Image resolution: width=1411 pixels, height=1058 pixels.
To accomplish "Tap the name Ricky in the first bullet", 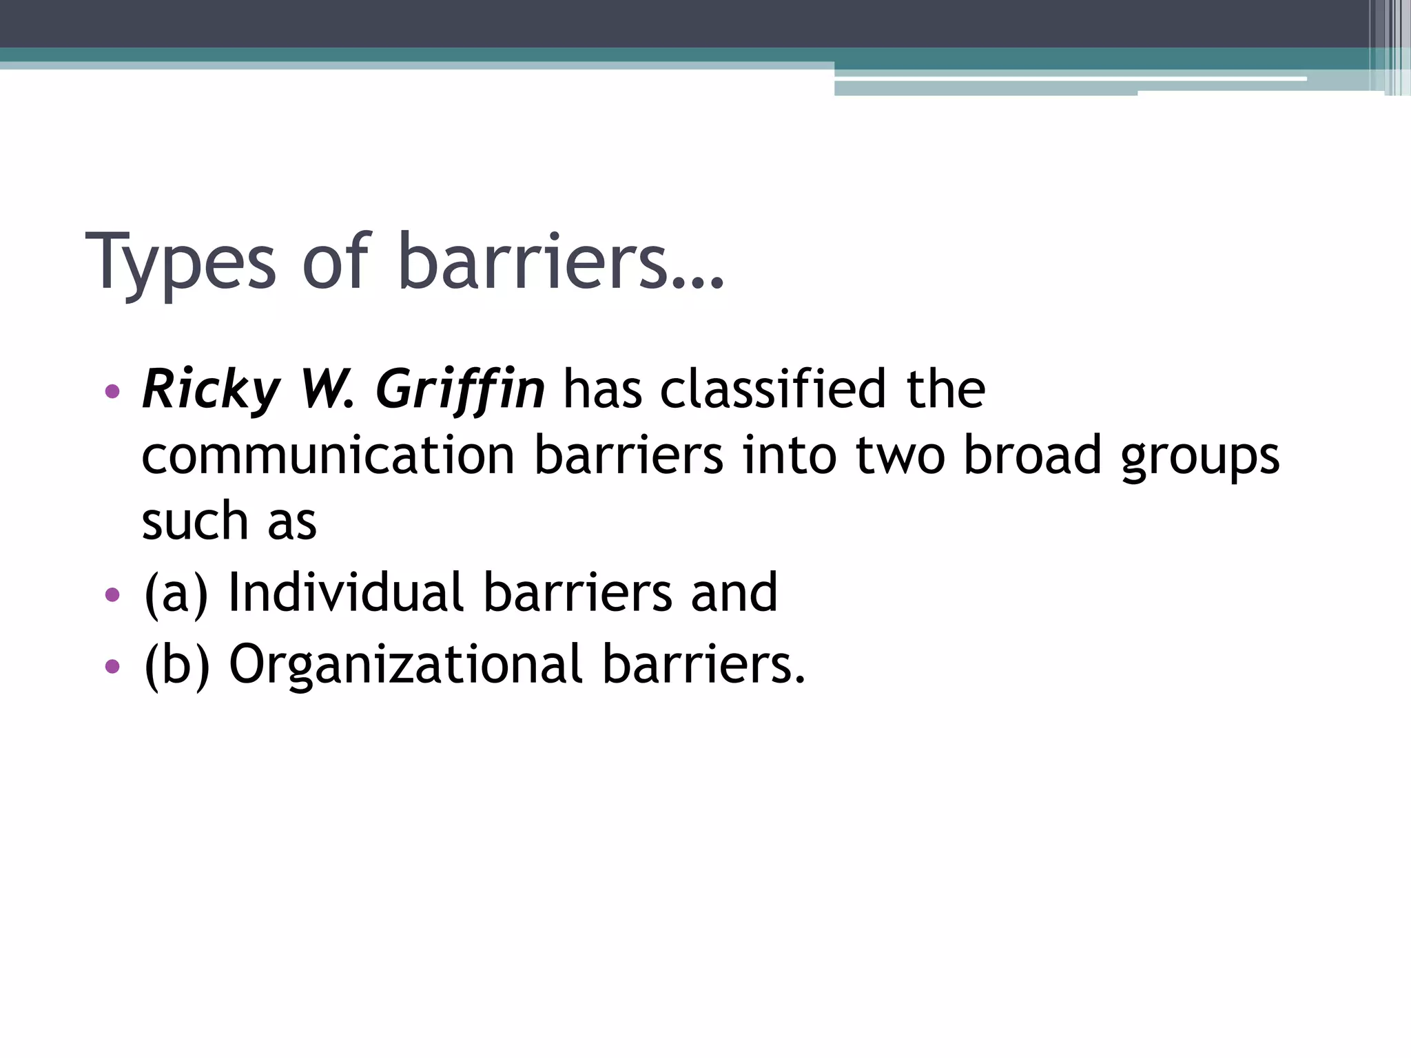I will coord(211,391).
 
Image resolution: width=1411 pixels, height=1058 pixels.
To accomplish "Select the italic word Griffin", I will coord(460,391).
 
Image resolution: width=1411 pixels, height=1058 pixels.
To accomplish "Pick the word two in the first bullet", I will coord(900,456).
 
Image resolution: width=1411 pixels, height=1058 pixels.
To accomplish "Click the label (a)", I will coord(176,593).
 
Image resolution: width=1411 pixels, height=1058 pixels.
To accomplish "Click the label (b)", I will coord(176,665).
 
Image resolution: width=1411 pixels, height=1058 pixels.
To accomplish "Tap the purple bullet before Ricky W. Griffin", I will coord(112,392).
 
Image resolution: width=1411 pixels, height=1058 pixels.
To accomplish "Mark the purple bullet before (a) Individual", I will coord(112,594).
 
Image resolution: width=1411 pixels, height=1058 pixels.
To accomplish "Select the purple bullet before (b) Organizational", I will coord(112,666).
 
